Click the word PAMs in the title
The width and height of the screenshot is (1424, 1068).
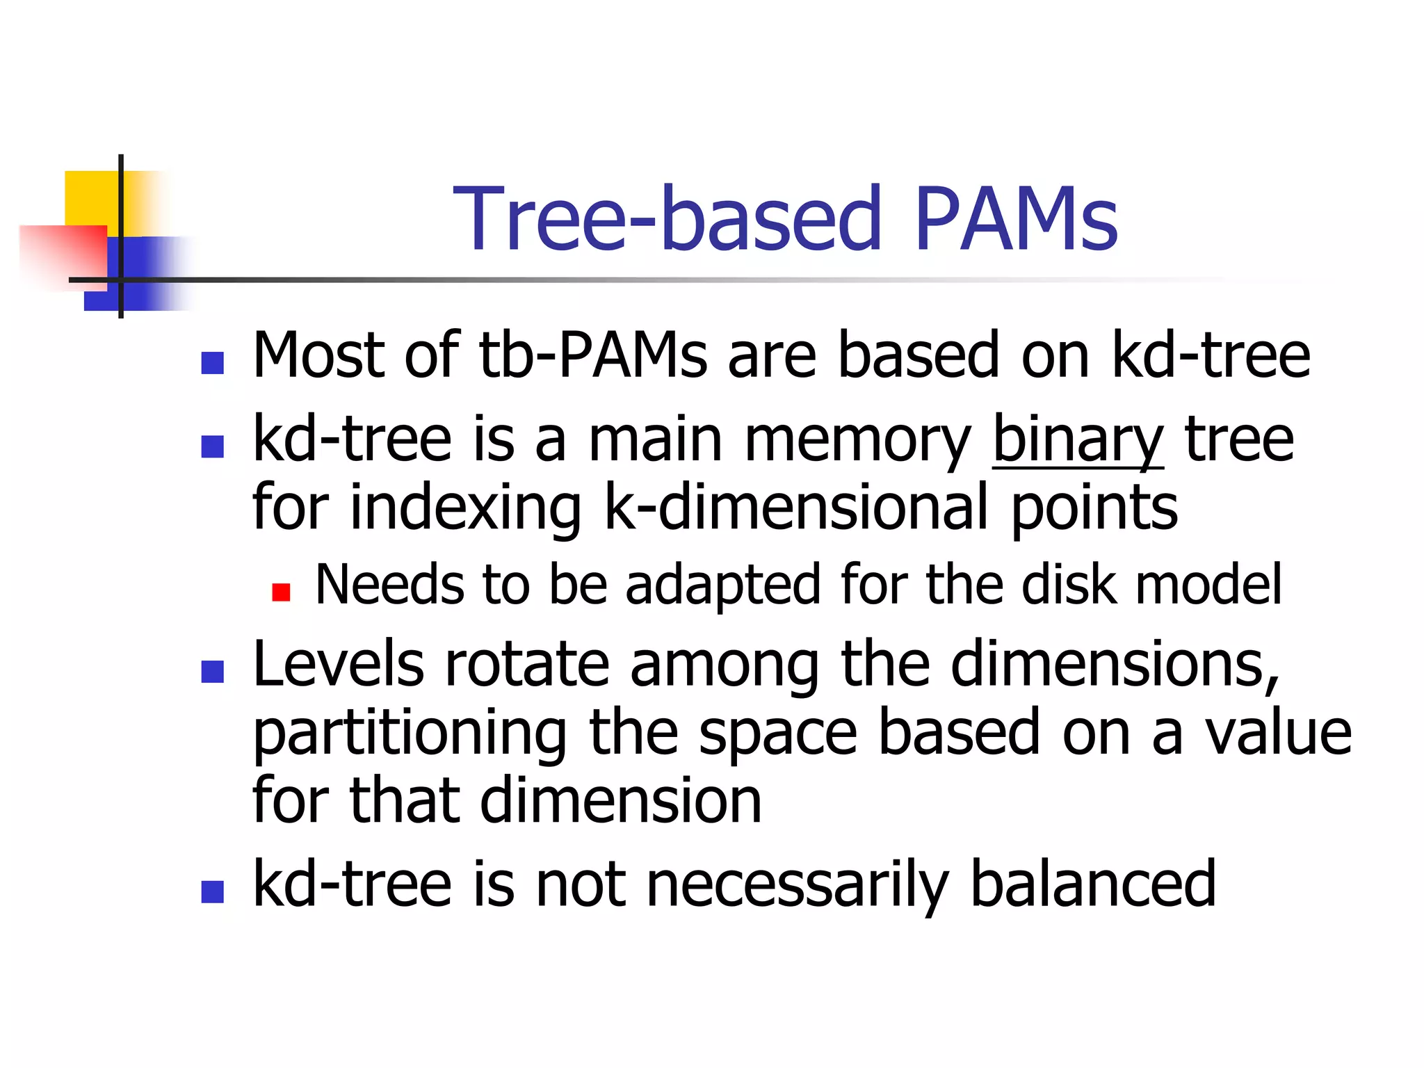click(1016, 219)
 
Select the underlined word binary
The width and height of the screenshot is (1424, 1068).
click(1077, 440)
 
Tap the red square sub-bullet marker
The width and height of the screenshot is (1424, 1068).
click(281, 592)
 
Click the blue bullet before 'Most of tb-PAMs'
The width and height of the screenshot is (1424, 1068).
click(212, 363)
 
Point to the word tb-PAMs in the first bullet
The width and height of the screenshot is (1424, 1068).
click(592, 356)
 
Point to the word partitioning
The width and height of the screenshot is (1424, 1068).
click(410, 734)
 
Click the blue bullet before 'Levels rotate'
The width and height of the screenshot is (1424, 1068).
click(212, 672)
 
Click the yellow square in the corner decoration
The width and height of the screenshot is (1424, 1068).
click(90, 197)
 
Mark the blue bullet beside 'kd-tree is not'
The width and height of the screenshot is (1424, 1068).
click(212, 891)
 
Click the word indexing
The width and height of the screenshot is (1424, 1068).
click(465, 509)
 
